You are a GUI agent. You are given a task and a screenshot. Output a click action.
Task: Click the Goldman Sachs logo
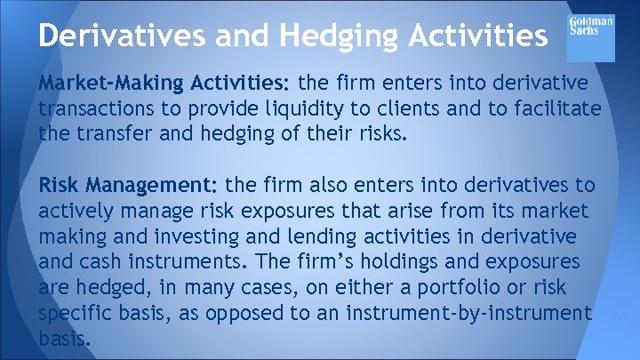pyautogui.click(x=590, y=36)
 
